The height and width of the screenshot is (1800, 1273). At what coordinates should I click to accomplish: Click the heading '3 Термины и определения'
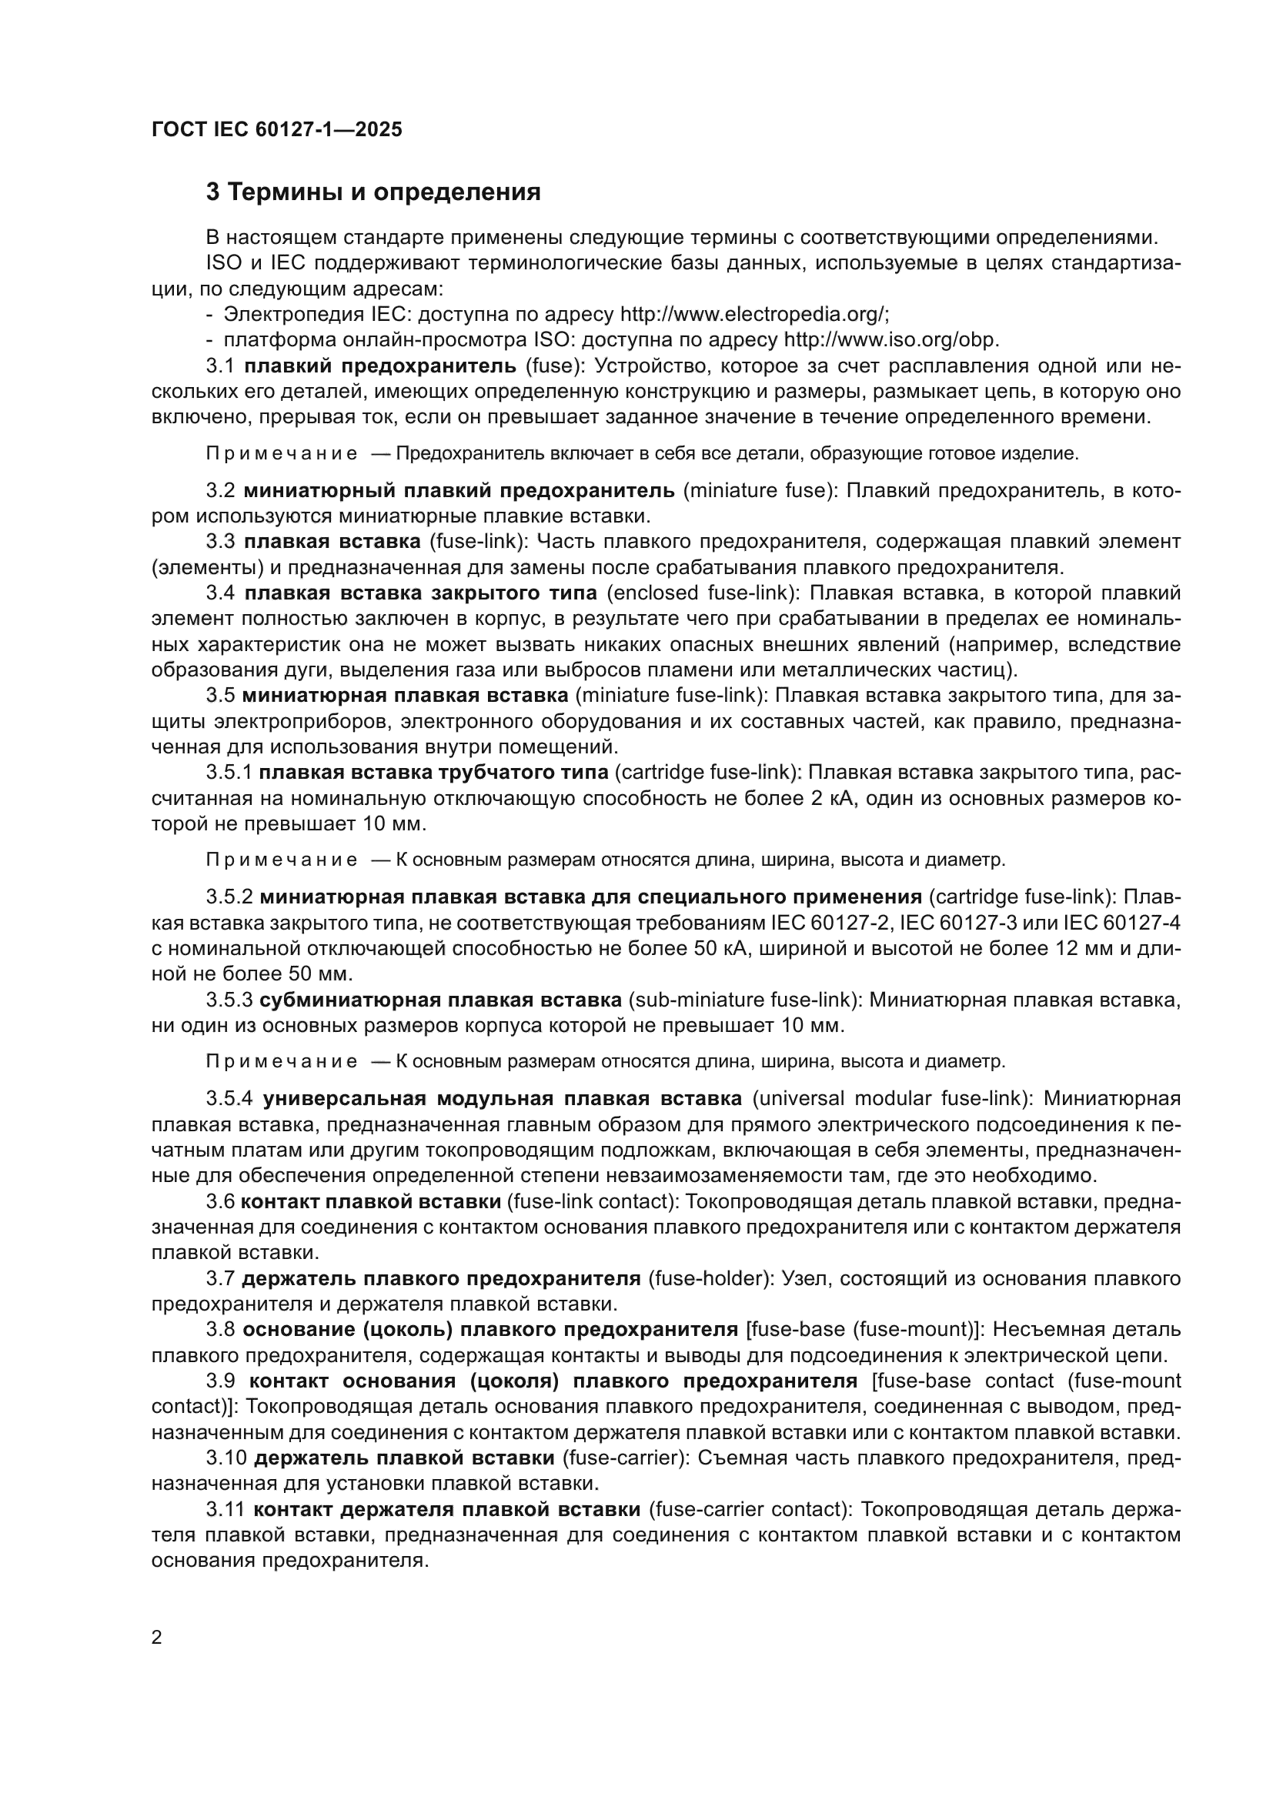coord(373,192)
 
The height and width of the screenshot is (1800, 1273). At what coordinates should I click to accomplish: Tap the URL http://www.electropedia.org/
coord(754,316)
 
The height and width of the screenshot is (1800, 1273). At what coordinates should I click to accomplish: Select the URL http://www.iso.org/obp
coord(891,340)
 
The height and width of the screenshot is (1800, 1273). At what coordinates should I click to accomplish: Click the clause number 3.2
coord(220,491)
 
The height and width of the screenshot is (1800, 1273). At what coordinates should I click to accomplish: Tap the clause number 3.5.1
coord(228,773)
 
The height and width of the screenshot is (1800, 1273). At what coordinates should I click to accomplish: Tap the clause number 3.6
coord(220,1202)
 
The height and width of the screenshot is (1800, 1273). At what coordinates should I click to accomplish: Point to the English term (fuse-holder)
coord(711,1279)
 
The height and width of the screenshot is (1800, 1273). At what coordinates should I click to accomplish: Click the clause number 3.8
coord(220,1330)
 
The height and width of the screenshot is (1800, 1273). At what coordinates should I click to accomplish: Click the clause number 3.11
coord(226,1509)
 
